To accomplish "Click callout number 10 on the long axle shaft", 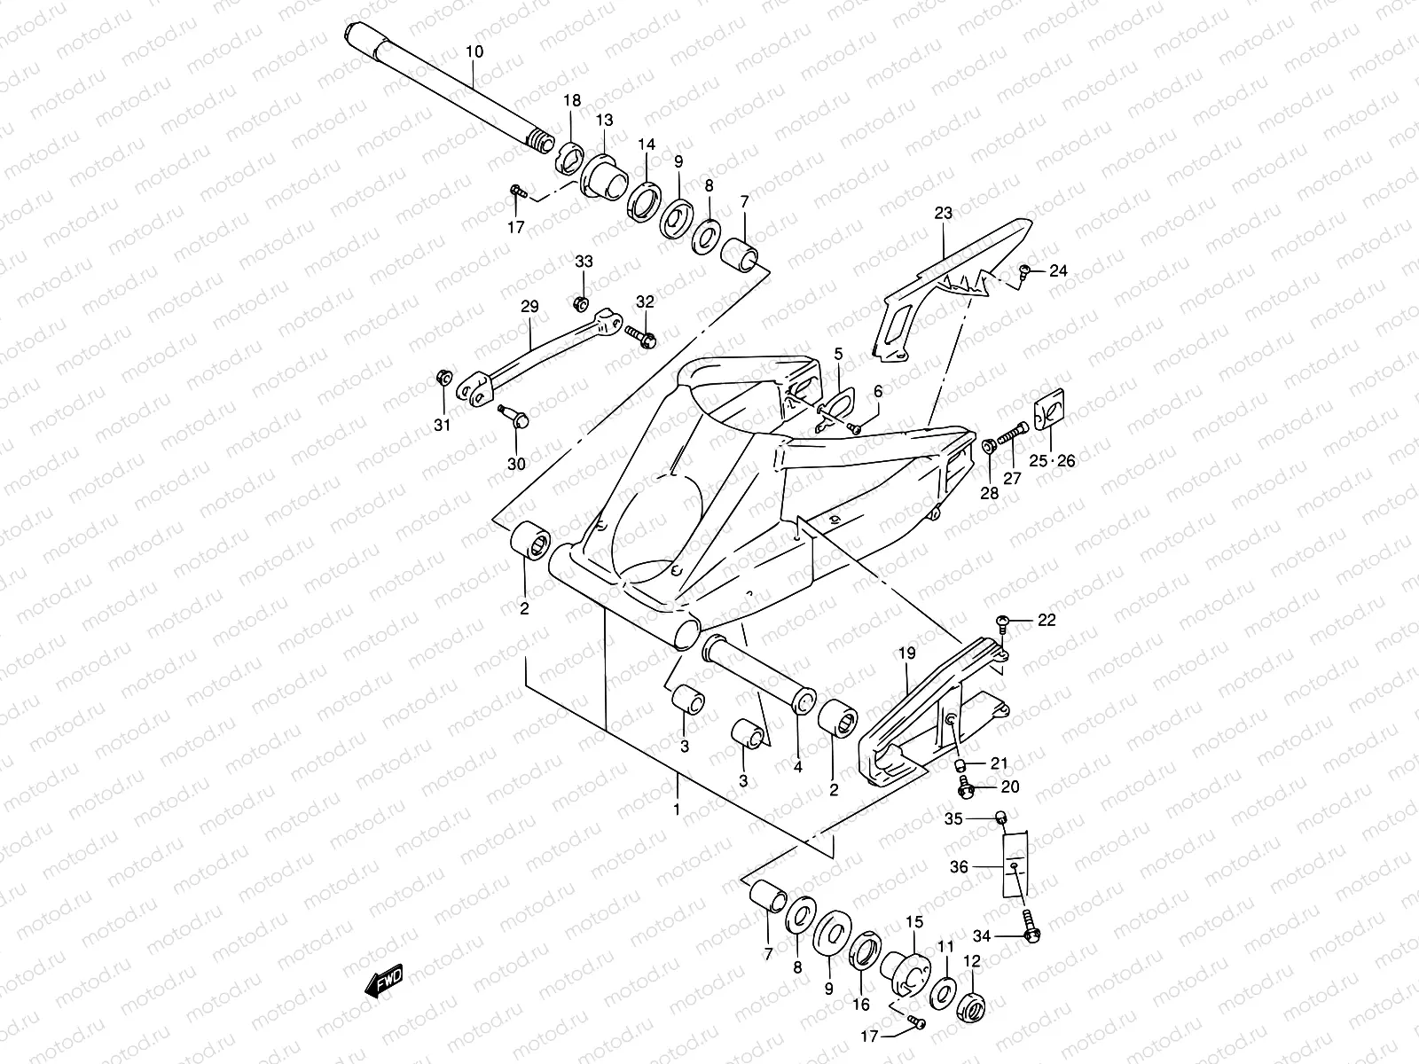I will click(474, 51).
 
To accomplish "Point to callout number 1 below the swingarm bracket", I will click(677, 810).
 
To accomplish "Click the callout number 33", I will click(583, 262).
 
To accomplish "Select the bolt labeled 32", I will click(642, 336).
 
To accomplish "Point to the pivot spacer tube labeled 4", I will click(758, 675).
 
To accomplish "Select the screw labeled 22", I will click(1003, 621).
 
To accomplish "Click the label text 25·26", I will click(1053, 461).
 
